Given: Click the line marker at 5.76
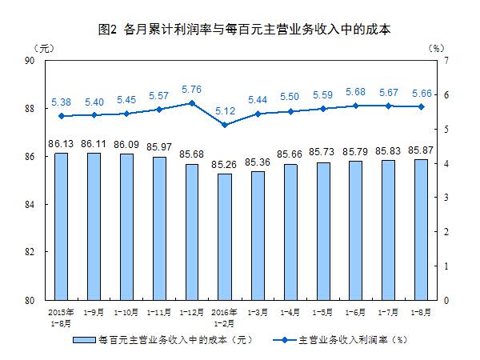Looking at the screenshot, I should [x=191, y=103].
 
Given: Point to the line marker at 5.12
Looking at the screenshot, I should [x=224, y=125].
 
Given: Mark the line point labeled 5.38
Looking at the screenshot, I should [x=61, y=116].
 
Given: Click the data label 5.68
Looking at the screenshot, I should [x=354, y=91].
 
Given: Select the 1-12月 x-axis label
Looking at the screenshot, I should [x=191, y=310].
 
